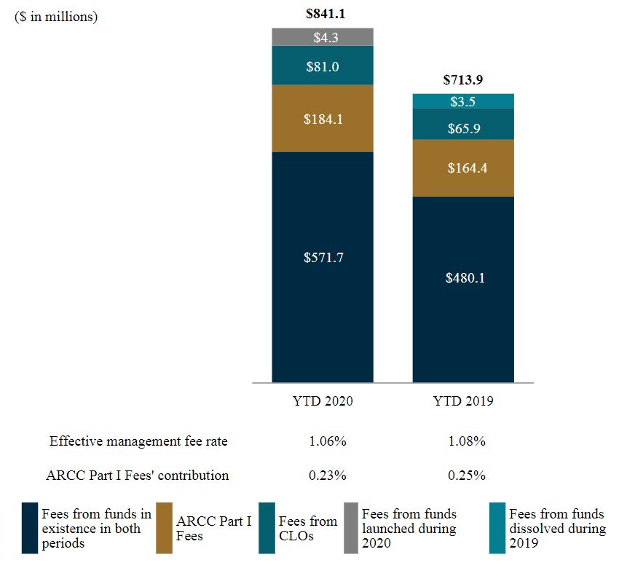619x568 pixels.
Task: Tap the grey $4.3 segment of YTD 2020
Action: pos(323,36)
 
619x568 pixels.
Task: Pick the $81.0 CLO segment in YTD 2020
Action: pos(323,66)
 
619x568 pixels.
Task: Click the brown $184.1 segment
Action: pos(323,119)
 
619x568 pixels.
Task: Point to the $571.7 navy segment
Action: pos(323,257)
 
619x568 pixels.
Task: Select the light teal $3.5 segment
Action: pos(463,101)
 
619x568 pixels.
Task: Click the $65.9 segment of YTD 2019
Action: pos(463,129)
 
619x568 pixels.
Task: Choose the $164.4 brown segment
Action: pos(463,168)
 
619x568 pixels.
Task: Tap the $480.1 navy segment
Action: pos(463,277)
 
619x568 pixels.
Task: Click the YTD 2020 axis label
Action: pos(323,401)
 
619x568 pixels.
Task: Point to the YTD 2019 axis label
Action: pos(463,401)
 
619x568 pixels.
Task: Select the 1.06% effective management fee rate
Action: pos(323,441)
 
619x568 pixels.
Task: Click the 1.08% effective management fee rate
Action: pos(463,441)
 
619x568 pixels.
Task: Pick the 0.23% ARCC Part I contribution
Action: pos(323,476)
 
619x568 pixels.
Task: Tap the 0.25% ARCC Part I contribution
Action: pos(463,476)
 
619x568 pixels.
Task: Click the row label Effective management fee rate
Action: pos(138,441)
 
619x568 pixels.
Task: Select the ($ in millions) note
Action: pos(56,17)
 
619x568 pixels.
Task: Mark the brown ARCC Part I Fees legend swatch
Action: pos(165,528)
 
